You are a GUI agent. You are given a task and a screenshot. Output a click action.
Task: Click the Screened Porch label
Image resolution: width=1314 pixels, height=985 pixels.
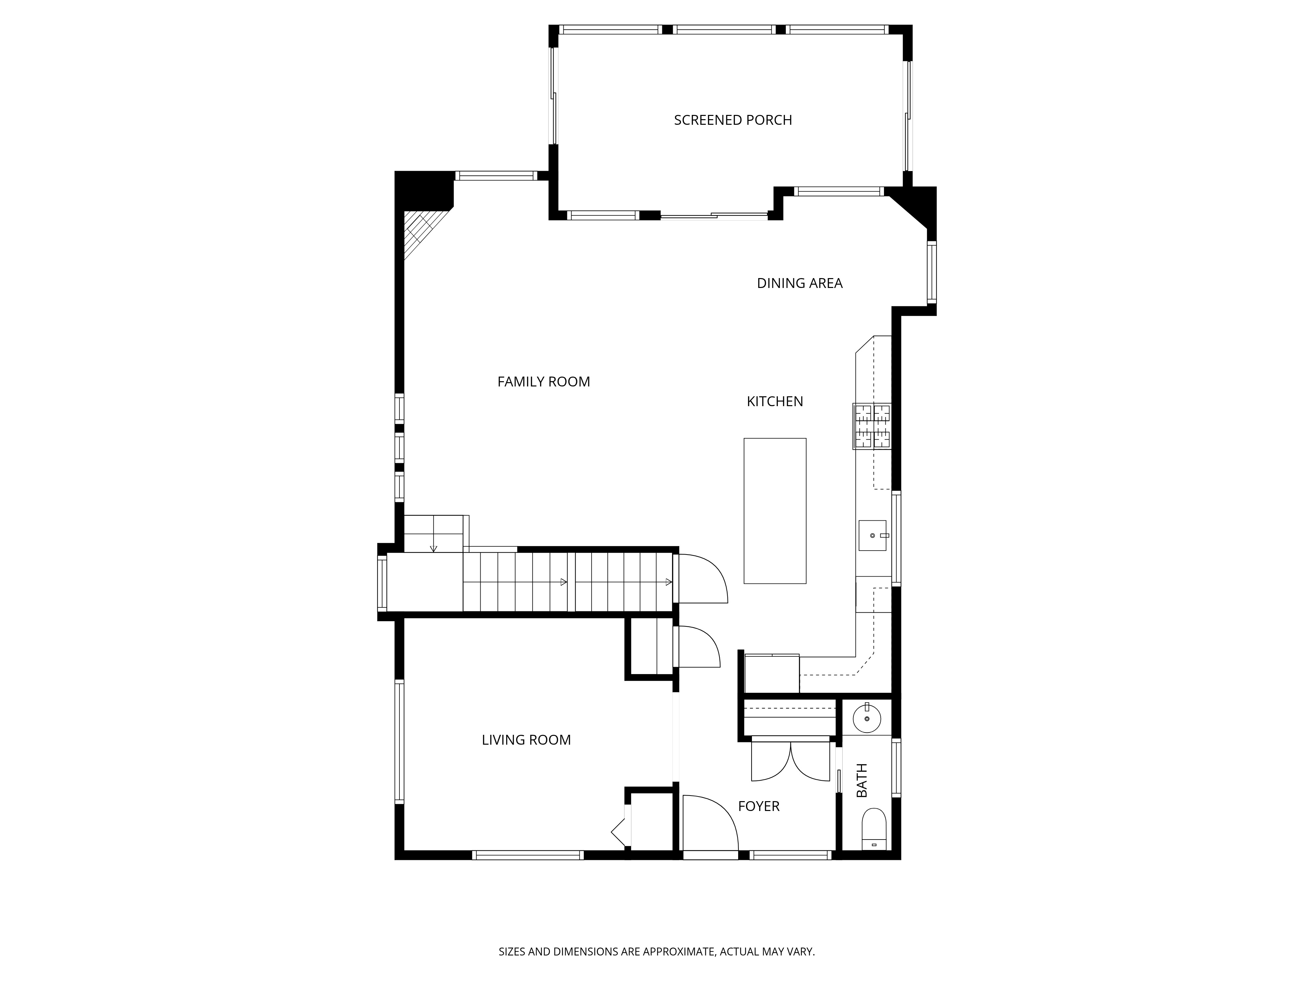[x=733, y=120]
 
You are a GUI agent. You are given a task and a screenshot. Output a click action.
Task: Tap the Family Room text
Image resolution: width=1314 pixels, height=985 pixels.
[x=544, y=382]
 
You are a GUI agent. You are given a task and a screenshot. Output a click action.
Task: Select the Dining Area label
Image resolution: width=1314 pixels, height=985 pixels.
[x=800, y=283]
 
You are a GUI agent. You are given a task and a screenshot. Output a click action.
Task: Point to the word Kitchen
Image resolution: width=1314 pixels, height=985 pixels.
[x=775, y=401]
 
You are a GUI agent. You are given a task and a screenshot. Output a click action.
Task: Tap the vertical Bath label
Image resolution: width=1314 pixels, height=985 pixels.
[x=861, y=780]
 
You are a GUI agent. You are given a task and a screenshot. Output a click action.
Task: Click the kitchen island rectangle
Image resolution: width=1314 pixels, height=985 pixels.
[x=775, y=511]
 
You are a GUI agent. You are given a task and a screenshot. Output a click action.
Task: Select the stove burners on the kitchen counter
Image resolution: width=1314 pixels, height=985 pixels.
[x=872, y=426]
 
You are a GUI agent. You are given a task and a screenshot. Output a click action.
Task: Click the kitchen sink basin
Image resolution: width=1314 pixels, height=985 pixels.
[x=872, y=536]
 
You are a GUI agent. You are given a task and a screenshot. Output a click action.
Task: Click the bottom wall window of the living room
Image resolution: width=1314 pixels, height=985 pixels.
[x=528, y=855]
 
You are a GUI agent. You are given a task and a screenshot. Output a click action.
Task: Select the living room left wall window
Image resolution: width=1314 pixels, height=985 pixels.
[x=399, y=742]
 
